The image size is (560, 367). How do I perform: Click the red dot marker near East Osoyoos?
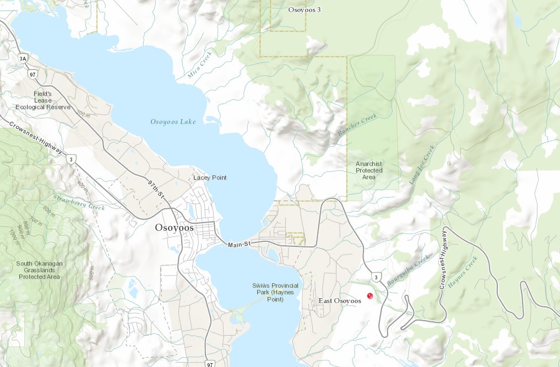370,296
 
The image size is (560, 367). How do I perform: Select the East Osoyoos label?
340,301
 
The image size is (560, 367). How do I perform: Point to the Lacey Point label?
210,177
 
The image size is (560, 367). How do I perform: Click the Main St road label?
239,244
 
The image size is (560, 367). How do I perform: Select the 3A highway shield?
23,58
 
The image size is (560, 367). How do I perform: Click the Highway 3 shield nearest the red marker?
375,276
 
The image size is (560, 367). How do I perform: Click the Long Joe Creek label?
422,164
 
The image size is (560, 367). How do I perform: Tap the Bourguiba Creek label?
407,268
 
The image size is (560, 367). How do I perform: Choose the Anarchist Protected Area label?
369,170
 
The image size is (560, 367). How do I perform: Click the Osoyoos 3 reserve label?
305,9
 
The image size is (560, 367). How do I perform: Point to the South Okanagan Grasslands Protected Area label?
39,270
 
